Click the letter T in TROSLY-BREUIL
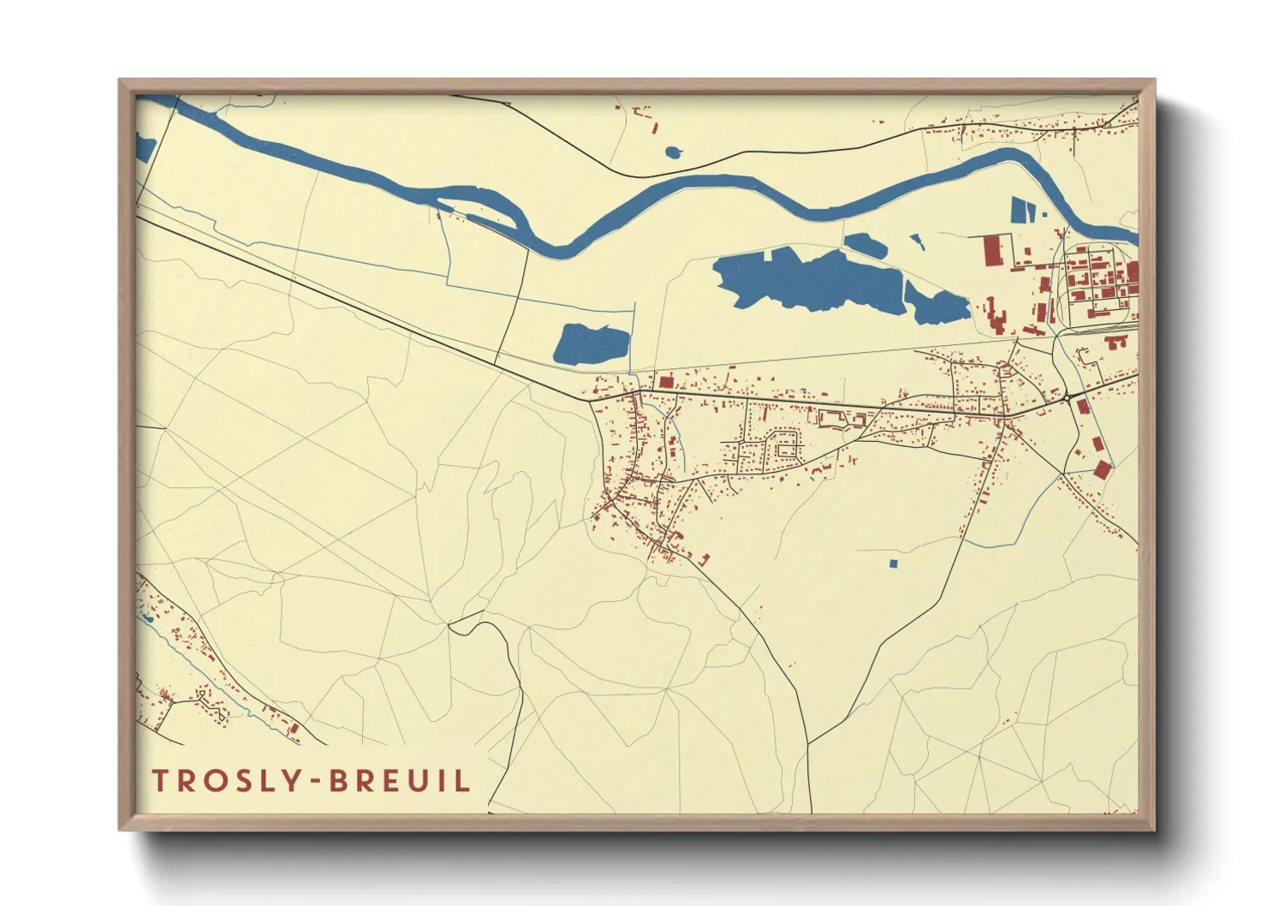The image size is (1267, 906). tap(159, 780)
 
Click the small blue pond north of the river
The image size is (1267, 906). tap(673, 153)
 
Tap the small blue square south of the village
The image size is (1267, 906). tap(893, 563)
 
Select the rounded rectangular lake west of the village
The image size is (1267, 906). tap(592, 344)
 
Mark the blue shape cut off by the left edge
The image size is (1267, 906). tap(144, 148)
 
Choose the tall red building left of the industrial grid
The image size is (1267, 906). tap(991, 251)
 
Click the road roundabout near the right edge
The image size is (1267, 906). tap(1068, 397)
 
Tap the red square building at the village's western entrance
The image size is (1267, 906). tap(665, 381)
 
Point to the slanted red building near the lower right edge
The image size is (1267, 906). tap(1102, 469)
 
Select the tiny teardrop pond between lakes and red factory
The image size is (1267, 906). tap(917, 242)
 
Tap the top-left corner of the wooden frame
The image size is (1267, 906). tap(120, 80)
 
